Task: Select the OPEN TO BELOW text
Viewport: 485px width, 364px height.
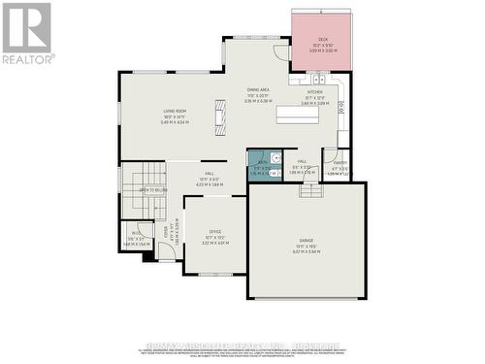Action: [153, 189]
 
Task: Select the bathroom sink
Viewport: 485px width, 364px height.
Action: [276, 157]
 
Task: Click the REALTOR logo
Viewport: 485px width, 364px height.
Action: [26, 34]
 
